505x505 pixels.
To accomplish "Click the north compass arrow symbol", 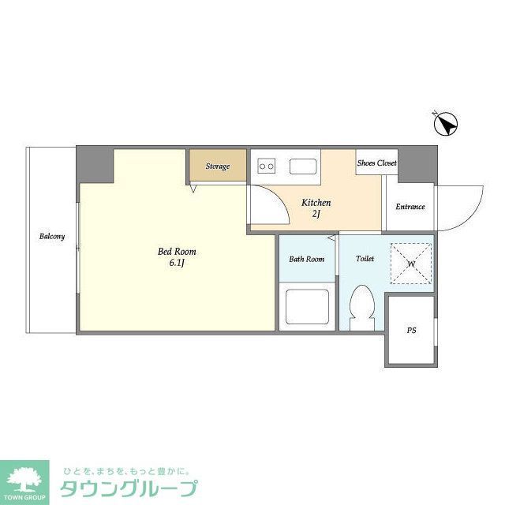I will (x=447, y=125).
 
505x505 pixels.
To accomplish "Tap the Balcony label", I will (x=53, y=237).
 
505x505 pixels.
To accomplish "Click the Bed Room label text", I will (x=177, y=252).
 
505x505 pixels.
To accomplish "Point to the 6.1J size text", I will (x=177, y=264).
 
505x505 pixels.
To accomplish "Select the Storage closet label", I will (x=218, y=166).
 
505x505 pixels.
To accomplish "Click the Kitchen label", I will (x=316, y=203).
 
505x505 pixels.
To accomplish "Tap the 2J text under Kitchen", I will (x=316, y=215).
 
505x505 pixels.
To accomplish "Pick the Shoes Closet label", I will (x=377, y=163).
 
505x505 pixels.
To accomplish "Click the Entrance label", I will (x=410, y=207).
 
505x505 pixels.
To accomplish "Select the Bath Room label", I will (x=307, y=259).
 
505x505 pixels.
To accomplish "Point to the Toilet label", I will (x=365, y=258).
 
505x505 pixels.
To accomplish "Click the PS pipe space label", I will (x=411, y=331).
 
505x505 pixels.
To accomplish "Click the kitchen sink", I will (x=303, y=166).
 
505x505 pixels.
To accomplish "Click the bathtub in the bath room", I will (x=307, y=307).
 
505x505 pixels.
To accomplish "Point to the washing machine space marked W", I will (x=411, y=264).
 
